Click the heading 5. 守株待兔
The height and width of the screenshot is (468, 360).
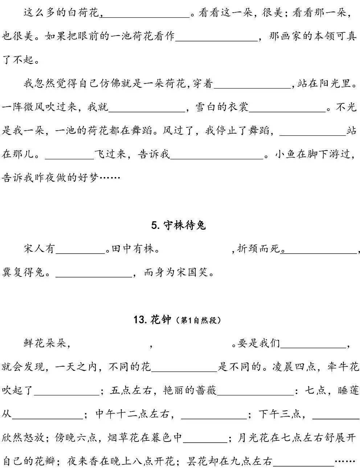click(178, 225)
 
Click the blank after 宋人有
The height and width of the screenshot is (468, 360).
click(80, 249)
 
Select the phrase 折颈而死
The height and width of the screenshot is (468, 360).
click(259, 249)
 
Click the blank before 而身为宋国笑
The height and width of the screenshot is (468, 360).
click(93, 273)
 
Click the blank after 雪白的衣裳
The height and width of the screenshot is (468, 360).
click(287, 108)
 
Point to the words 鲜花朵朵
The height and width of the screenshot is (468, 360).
click(45, 343)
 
